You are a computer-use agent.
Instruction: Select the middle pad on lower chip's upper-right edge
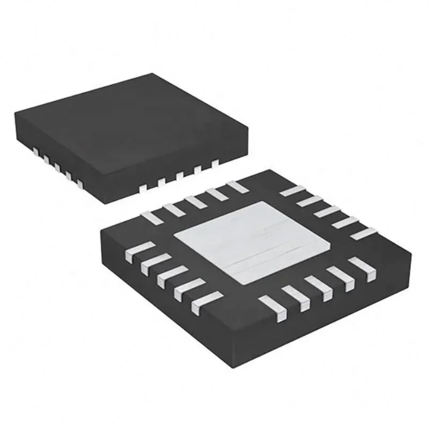coord(323,212)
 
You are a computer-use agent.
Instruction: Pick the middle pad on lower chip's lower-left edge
coord(168,277)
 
